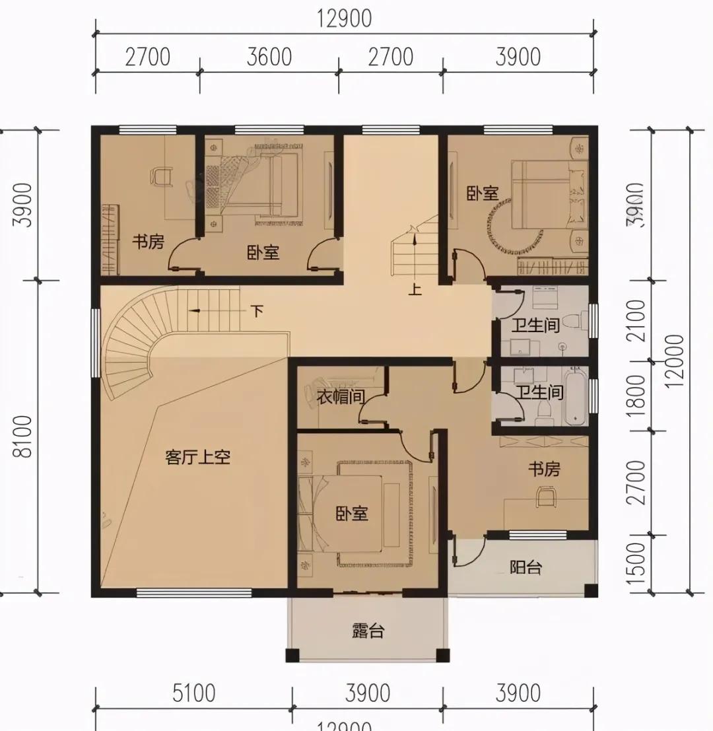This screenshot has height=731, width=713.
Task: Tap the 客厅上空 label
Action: (197, 457)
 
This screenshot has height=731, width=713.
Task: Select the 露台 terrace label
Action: (368, 631)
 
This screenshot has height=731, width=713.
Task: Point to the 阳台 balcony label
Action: (526, 567)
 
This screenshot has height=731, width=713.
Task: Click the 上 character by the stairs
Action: (415, 289)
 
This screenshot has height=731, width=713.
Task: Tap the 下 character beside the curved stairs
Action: (257, 310)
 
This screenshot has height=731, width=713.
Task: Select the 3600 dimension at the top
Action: (269, 57)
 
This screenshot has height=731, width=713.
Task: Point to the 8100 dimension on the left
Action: (25, 436)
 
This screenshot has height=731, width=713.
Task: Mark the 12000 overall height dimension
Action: (675, 361)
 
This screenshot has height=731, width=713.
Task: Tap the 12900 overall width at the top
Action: (344, 18)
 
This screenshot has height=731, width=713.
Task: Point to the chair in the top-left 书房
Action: (161, 176)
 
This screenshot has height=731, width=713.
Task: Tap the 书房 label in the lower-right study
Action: (543, 469)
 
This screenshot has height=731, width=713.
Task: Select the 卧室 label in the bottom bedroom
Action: (351, 513)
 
